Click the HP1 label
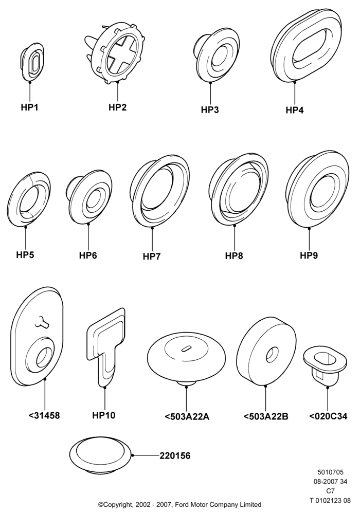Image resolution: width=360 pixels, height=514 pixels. [x=29, y=107]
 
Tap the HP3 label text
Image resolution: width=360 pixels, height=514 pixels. [x=209, y=109]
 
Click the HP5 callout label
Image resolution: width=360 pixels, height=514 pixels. [x=25, y=254]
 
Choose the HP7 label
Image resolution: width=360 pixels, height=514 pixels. [x=152, y=256]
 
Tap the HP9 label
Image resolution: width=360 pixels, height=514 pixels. [x=309, y=255]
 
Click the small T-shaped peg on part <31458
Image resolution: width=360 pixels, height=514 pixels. [x=42, y=322]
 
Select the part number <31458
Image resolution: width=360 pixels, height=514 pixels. [x=44, y=415]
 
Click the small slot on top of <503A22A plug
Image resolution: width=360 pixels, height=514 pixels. [x=186, y=348]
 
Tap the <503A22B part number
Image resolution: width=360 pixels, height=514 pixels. [x=266, y=416]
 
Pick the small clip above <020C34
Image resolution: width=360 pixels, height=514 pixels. [x=326, y=366]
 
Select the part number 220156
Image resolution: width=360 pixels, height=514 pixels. [x=175, y=455]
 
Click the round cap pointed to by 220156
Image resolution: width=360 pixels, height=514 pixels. [x=100, y=455]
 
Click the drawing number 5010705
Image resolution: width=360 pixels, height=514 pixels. [x=330, y=472]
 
